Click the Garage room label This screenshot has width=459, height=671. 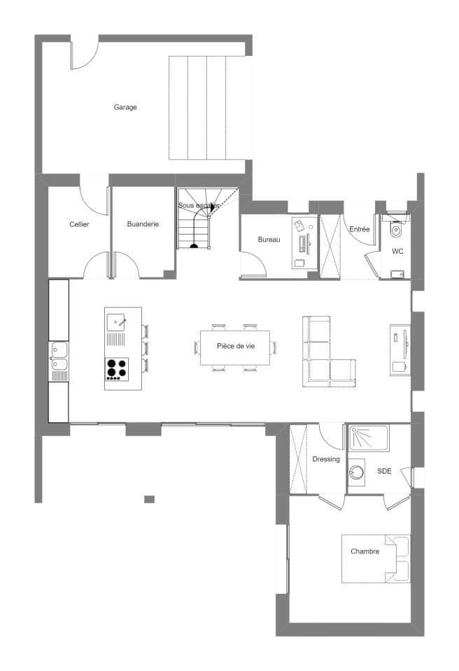(125, 107)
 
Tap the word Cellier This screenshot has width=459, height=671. (79, 224)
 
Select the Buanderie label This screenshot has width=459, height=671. (143, 224)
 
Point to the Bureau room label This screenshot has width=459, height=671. (269, 240)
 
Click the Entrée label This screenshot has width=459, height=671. (359, 229)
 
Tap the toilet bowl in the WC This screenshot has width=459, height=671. (396, 230)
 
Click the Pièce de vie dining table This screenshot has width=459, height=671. (235, 347)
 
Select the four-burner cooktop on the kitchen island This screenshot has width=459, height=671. (117, 369)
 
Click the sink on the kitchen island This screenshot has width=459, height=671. (115, 322)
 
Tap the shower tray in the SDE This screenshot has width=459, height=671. (369, 438)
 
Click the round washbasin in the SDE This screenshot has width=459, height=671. (356, 472)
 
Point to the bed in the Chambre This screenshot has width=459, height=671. (376, 558)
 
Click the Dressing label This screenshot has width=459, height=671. (326, 459)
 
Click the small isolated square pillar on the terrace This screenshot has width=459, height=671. (149, 499)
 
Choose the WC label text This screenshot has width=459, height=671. (397, 251)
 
